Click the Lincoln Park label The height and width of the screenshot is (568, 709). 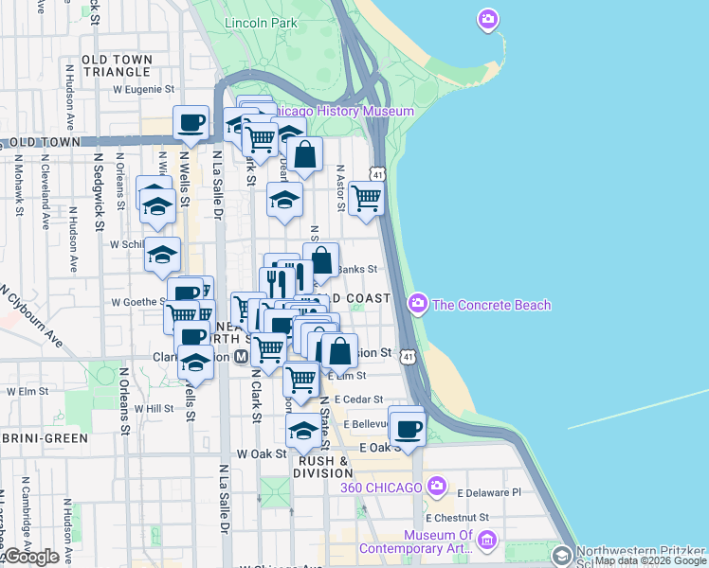262,23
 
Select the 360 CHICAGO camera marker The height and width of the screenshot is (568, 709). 436,487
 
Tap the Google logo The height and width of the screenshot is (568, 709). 30,557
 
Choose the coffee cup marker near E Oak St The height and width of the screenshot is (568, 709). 408,427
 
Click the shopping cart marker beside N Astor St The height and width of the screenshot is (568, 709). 366,199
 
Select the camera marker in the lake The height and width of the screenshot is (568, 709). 488,18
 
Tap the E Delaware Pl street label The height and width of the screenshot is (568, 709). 489,493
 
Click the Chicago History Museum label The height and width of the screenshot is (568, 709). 351,112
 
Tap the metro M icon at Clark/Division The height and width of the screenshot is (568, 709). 241,357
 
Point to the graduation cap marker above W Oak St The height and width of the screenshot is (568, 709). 303,431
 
